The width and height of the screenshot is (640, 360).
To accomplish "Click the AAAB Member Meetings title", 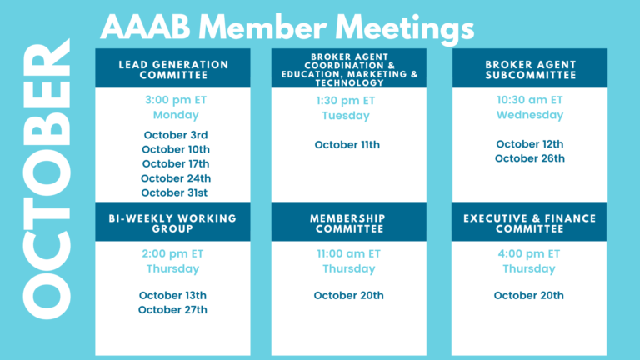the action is click(287, 28).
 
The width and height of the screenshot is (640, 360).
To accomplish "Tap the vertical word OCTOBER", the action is click(47, 179).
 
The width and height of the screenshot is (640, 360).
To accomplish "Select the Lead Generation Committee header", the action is click(173, 70).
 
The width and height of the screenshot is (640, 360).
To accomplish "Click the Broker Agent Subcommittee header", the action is click(531, 70).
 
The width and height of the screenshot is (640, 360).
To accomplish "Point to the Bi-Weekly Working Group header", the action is click(172, 223).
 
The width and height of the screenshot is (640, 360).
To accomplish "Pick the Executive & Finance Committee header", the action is click(529, 223).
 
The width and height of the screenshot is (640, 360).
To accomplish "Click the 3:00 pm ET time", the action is click(176, 100).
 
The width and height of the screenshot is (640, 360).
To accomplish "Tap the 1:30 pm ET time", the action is click(346, 101).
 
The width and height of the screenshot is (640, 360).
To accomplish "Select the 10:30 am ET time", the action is click(530, 100).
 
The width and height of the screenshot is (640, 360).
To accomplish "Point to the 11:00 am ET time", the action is click(349, 254).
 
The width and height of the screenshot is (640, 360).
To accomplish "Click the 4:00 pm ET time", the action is click(529, 254).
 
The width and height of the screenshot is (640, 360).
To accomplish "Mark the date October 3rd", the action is click(176, 135).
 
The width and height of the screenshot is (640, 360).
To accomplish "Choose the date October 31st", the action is click(174, 192).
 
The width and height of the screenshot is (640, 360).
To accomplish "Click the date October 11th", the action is click(347, 145).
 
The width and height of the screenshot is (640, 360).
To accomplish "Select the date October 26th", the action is click(530, 158).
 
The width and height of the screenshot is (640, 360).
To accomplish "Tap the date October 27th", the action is click(172, 310).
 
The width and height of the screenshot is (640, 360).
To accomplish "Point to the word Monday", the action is click(176, 115).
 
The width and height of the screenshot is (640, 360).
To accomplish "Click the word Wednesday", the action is click(530, 115).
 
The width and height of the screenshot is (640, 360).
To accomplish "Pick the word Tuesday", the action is click(346, 116).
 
